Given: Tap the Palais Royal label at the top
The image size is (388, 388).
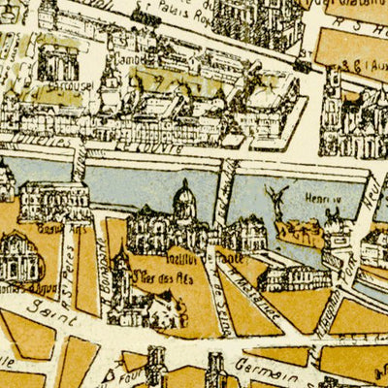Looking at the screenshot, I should click(x=173, y=13).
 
